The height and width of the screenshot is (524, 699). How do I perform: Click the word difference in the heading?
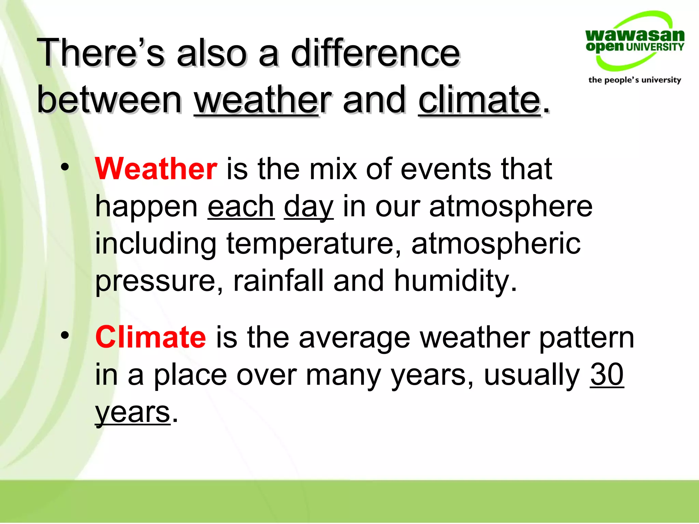coord(375,53)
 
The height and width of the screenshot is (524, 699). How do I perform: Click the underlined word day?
coord(309,207)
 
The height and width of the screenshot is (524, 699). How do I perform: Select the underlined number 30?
coord(607,375)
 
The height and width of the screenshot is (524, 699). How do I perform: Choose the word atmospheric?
coord(496,244)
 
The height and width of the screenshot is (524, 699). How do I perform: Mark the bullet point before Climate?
coord(65,336)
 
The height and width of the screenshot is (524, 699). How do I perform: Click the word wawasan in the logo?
coord(634,35)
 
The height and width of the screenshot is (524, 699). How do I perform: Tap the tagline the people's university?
coord(634,80)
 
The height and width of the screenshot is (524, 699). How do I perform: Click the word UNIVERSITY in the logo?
coord(655,47)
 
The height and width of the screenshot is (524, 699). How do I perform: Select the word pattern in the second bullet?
coord(586,338)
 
